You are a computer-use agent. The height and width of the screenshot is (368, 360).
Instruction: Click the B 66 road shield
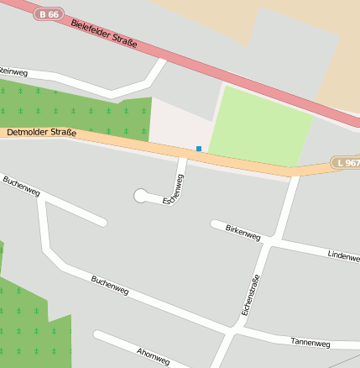[49, 14]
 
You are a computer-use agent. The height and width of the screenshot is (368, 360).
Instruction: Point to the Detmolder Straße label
[41, 133]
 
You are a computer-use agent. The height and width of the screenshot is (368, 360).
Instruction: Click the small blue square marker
[199, 149]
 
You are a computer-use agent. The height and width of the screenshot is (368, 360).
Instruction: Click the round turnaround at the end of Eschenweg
[140, 196]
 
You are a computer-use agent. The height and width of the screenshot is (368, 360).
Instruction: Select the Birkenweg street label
[243, 233]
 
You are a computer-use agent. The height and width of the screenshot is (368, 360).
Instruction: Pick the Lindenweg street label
[343, 255]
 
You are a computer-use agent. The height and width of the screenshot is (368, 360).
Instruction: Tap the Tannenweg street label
[310, 343]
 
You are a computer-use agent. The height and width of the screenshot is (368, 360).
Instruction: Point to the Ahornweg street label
[152, 355]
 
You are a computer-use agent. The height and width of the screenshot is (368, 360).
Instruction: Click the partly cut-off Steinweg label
[14, 70]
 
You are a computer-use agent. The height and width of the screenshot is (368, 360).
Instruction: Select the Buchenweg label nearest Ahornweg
[110, 285]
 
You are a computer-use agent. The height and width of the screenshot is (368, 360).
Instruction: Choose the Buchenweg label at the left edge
[21, 186]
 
